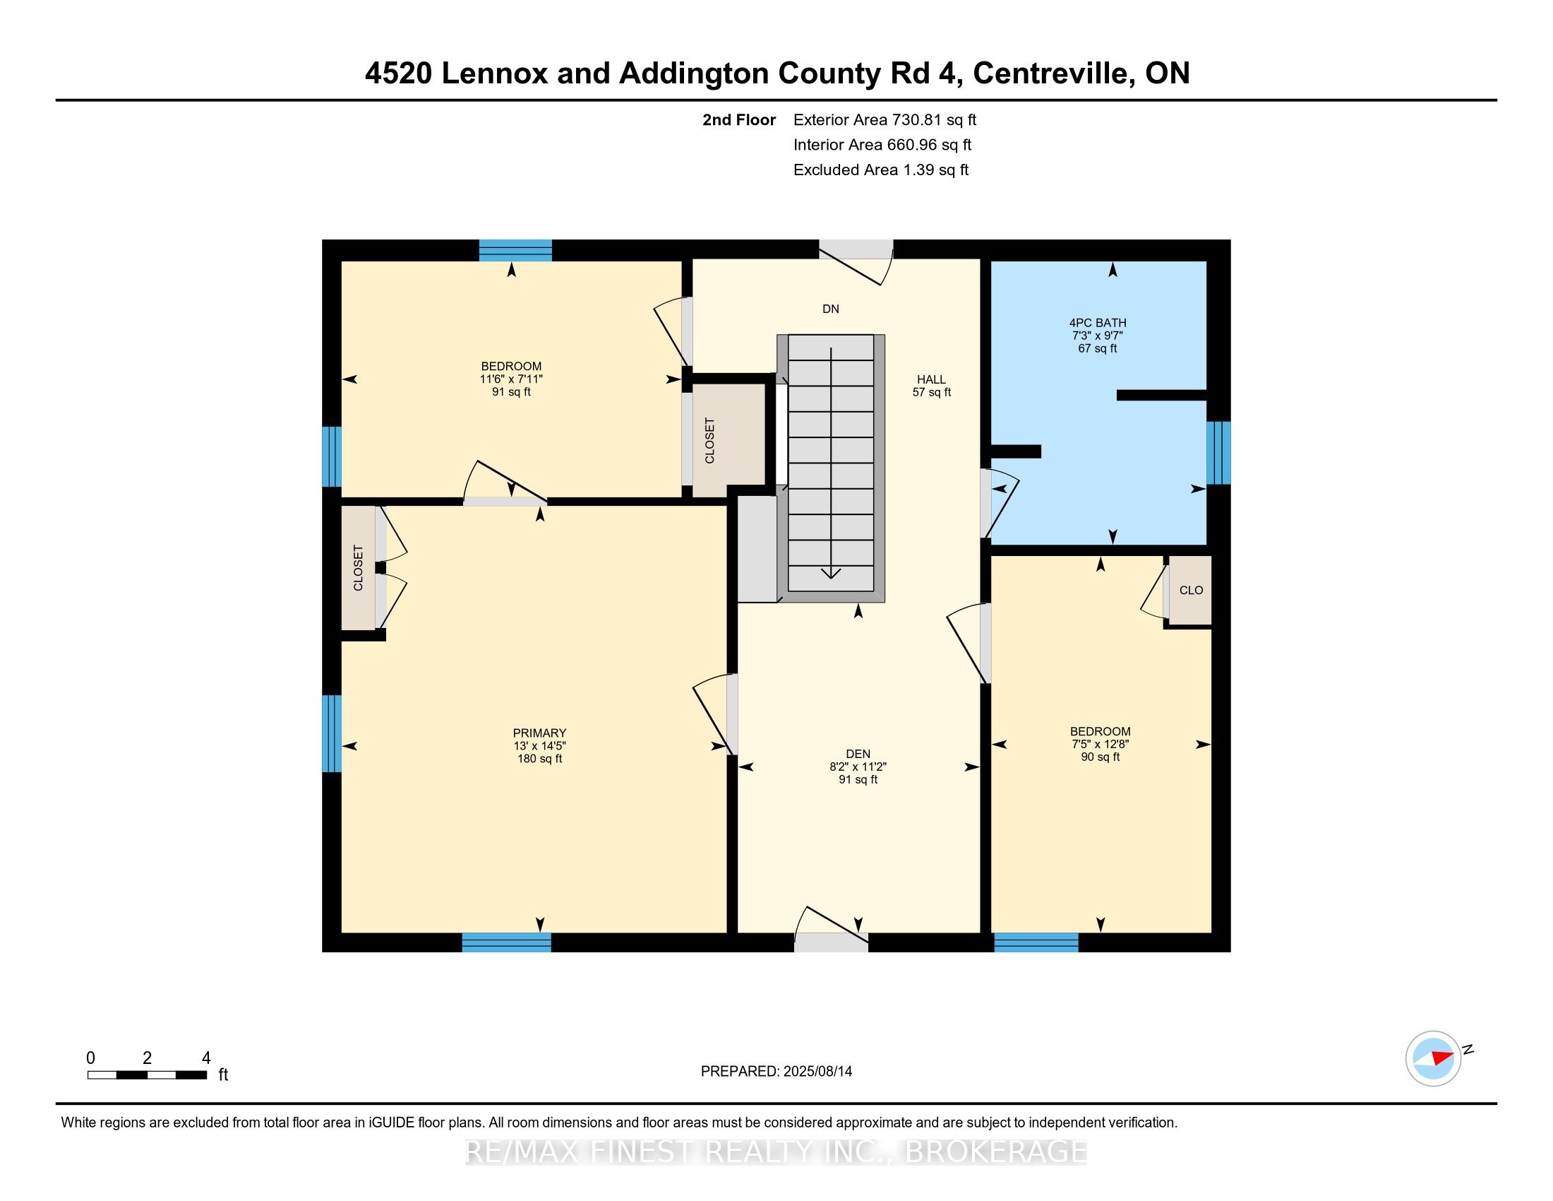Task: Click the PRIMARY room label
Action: point(540,733)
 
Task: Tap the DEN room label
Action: point(858,754)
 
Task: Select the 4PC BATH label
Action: point(1098,322)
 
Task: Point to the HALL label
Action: point(932,379)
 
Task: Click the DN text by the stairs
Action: point(831,309)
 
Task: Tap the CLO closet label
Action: point(1191,590)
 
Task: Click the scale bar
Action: point(148,1075)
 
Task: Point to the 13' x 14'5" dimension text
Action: point(540,745)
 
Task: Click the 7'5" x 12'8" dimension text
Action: point(1101,744)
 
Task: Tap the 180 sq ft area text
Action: point(540,759)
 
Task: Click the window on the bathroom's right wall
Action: point(1219,454)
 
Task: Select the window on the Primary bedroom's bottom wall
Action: point(506,942)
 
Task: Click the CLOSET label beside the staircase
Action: point(709,441)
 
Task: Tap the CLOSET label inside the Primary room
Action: point(359,568)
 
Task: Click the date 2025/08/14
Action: point(817,1072)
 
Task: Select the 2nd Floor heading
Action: point(739,119)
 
